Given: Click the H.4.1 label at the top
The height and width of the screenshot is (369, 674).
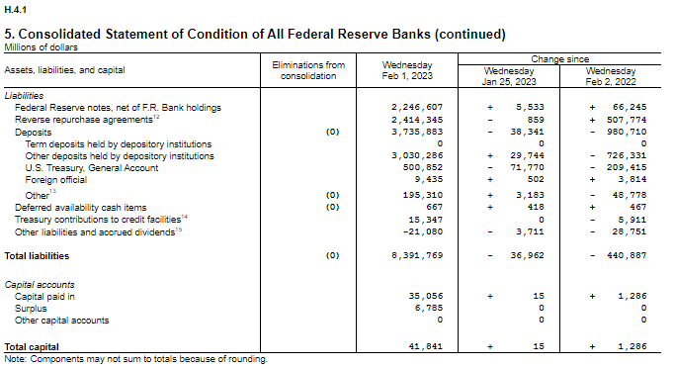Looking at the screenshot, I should point(15,8).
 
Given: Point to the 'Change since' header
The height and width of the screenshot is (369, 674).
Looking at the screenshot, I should point(562,59).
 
